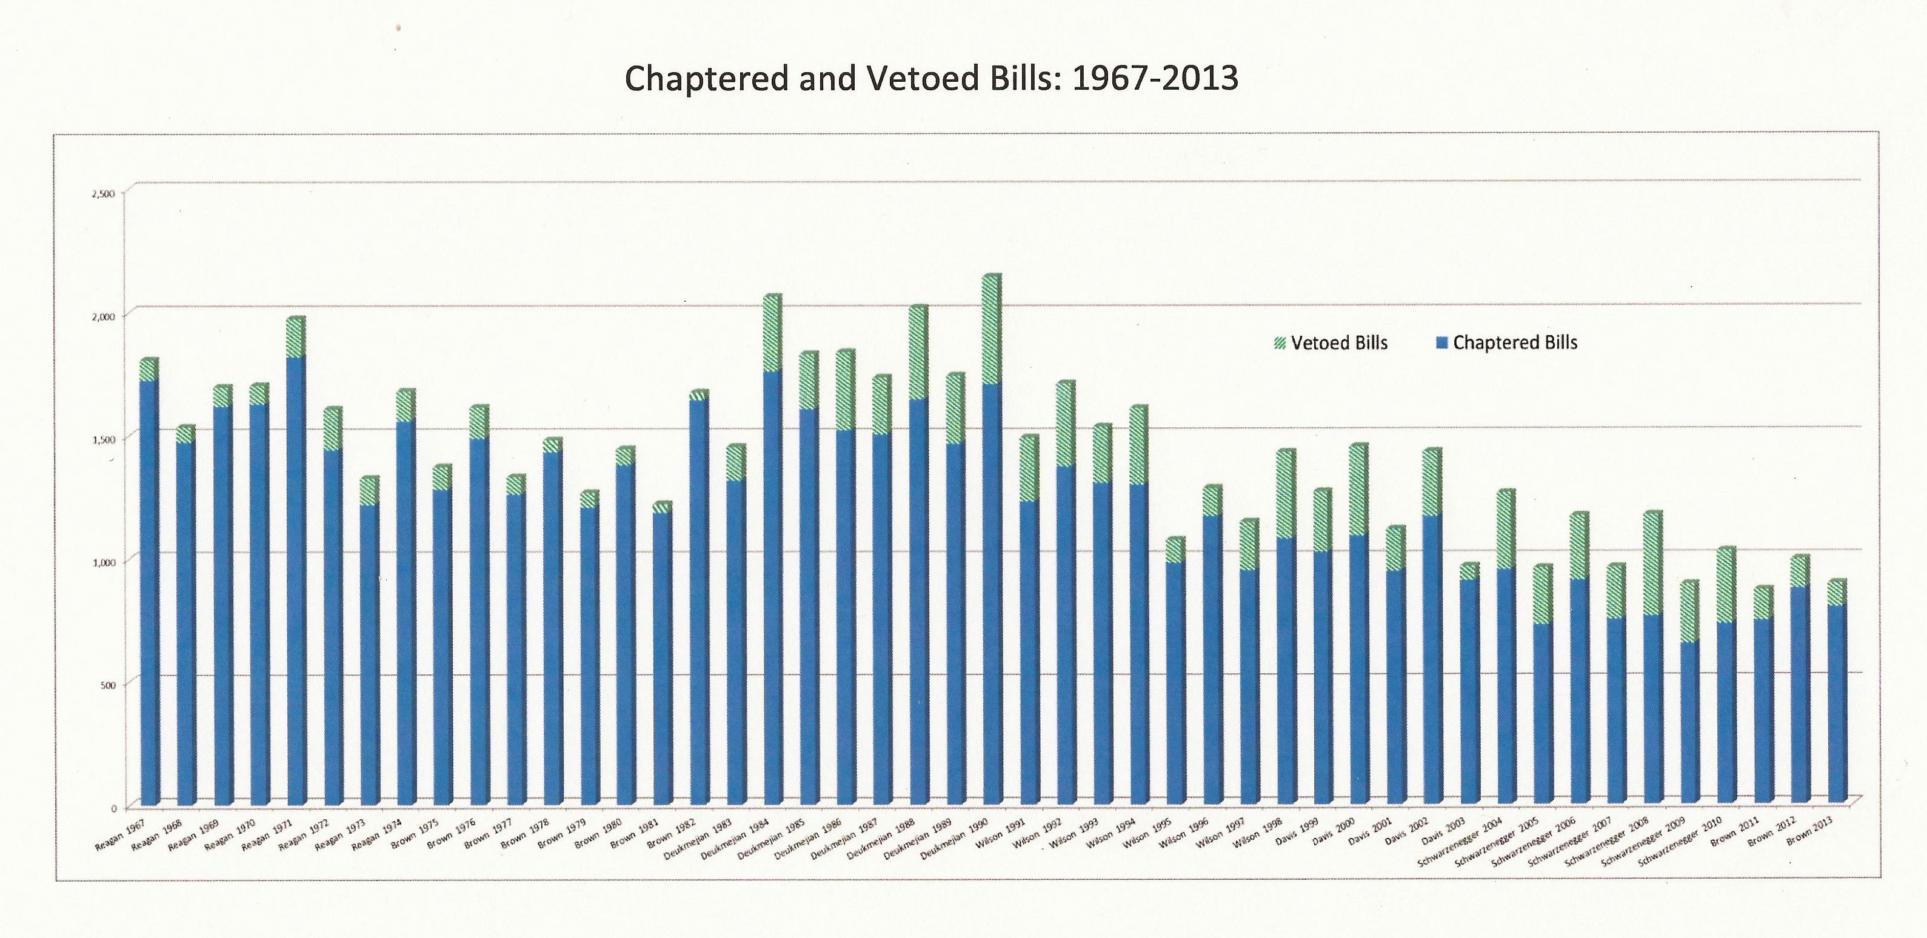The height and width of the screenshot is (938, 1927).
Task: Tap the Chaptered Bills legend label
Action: [1515, 342]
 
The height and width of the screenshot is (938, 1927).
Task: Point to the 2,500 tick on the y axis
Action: [103, 194]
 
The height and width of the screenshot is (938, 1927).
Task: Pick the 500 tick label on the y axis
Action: [107, 685]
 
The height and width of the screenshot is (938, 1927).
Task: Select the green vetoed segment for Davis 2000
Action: [1358, 490]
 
